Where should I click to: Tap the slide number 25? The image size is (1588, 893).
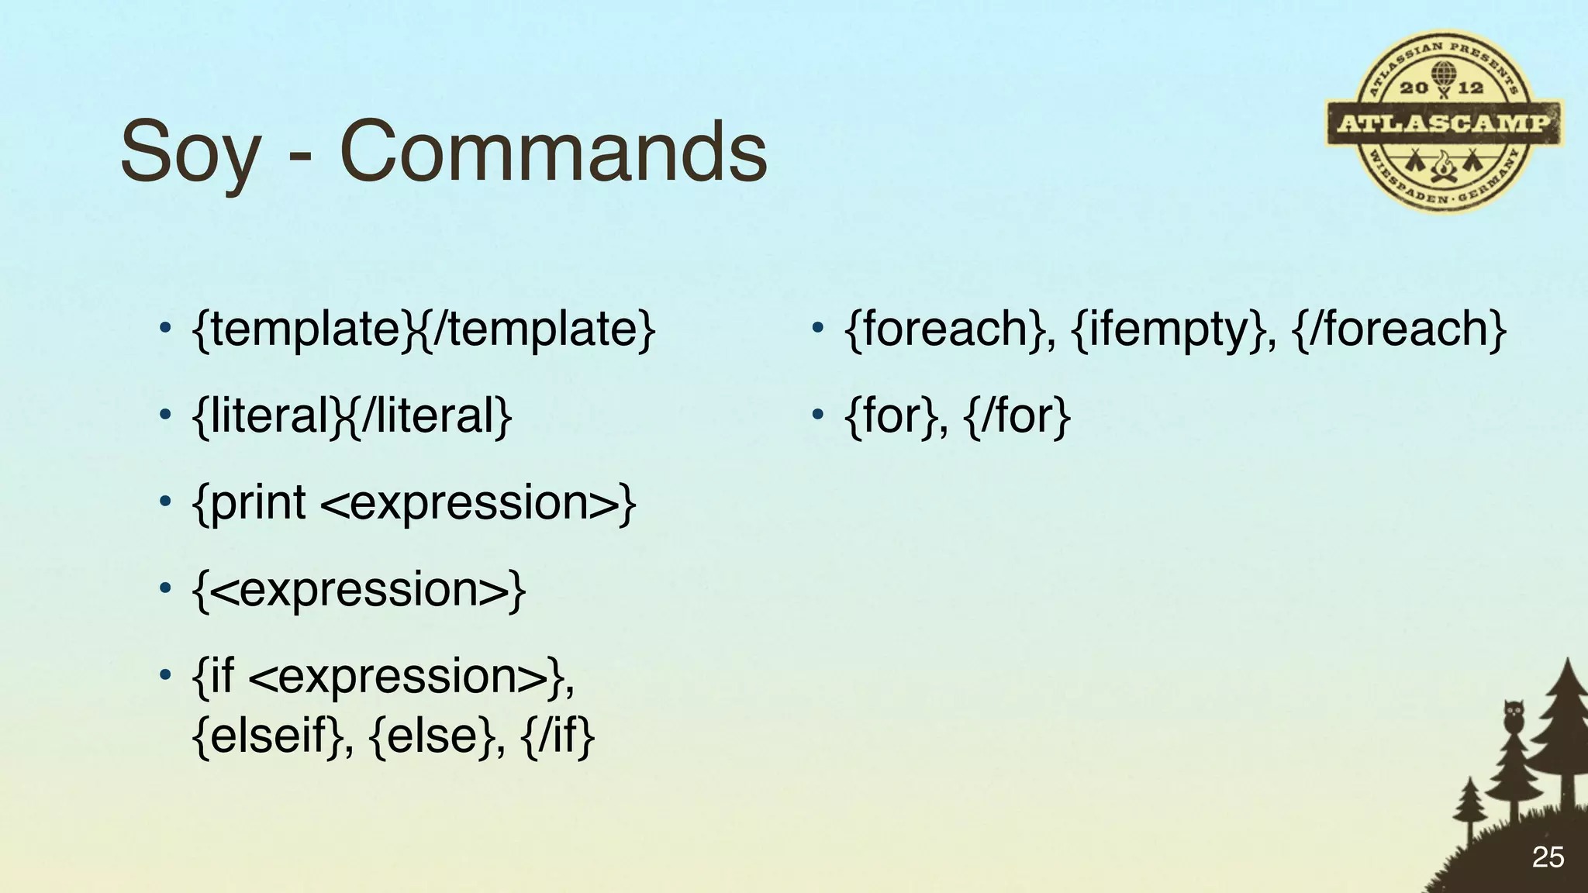coord(1548,857)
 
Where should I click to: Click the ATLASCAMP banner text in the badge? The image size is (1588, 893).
coord(1443,124)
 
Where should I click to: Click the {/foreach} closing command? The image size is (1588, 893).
coord(1400,329)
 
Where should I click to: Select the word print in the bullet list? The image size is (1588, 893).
coord(257,504)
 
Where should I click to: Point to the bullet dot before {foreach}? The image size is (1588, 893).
coord(816,329)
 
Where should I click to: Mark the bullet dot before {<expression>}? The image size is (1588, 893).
coord(164,590)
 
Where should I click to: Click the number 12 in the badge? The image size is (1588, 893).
coord(1471,88)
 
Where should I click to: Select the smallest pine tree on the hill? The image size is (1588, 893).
coord(1468,810)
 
